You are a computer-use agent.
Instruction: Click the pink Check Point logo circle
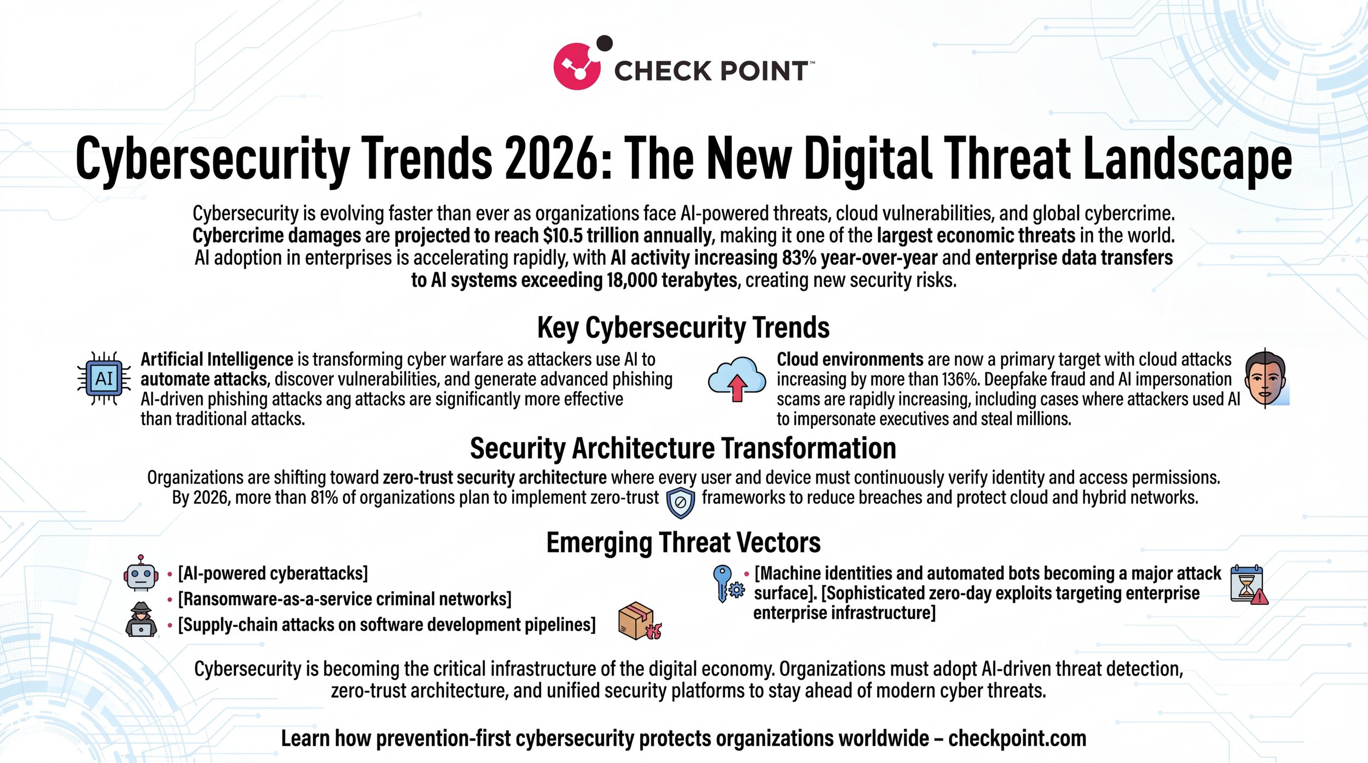pos(577,66)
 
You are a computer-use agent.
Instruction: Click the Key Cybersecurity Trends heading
pos(683,328)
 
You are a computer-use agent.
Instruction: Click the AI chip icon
pos(104,378)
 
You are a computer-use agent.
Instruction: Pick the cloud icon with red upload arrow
pos(737,379)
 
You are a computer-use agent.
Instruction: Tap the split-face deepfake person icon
pos(1266,378)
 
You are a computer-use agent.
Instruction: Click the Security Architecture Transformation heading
pos(683,449)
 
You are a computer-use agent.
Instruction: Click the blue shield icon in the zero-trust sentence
pos(680,502)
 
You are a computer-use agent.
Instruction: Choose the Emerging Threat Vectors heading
pos(683,543)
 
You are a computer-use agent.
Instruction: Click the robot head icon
pos(141,573)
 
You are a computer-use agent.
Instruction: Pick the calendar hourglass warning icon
pos(1248,585)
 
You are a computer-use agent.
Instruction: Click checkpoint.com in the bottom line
pos(1017,738)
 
